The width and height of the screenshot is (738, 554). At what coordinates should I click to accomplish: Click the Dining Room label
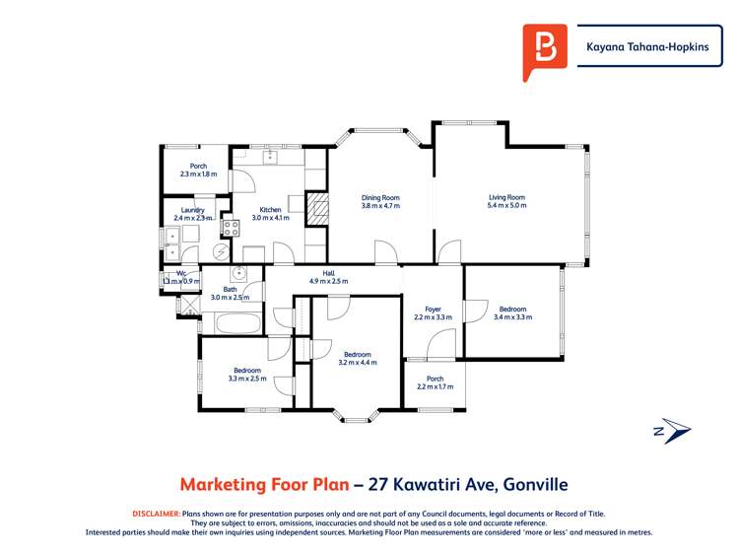point(379,198)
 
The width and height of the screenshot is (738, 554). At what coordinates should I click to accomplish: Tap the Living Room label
point(506,197)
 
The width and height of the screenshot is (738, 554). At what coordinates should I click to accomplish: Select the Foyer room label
point(432,310)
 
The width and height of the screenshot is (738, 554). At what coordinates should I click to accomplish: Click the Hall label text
point(329,273)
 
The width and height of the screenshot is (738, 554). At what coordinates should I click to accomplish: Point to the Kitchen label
point(270,210)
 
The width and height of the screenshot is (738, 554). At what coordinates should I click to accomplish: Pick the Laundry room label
point(192,210)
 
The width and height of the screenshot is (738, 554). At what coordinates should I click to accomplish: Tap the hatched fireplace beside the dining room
point(317,209)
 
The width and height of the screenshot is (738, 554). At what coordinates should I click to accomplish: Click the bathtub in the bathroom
point(237,322)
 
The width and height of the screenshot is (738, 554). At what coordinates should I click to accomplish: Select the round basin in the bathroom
point(238,274)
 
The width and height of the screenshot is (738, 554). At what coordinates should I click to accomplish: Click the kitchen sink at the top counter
point(267,156)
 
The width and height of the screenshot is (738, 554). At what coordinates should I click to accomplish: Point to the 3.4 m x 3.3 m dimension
point(512,317)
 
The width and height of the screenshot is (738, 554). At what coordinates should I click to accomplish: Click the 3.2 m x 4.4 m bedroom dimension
point(357,362)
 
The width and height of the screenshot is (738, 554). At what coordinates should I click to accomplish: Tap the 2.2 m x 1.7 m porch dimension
point(435,387)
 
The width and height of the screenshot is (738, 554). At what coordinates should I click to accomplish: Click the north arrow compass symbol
point(672,430)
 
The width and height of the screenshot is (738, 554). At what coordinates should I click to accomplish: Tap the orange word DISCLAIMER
point(156,514)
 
